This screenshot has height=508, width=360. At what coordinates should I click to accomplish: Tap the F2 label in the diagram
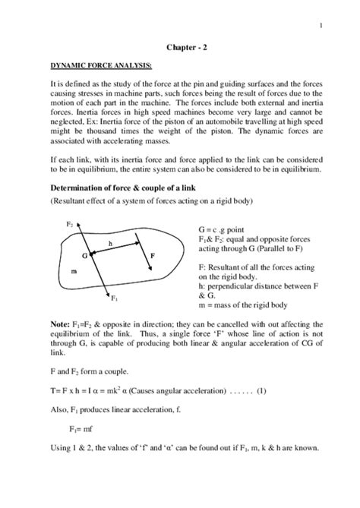[69, 224]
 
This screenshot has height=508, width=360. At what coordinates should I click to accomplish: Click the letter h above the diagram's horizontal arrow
[111, 243]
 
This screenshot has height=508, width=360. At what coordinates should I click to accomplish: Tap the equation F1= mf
[93, 427]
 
